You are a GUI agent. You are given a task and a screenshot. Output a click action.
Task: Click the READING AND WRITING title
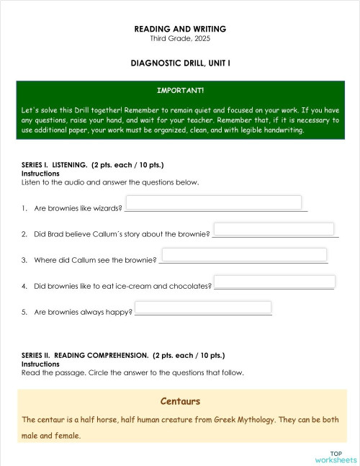pos(180,29)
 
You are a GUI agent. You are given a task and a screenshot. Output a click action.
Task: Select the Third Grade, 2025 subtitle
pos(180,38)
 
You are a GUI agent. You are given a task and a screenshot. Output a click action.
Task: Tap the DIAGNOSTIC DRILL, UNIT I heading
pos(180,63)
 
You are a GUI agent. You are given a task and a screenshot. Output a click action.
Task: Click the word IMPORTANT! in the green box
pos(180,91)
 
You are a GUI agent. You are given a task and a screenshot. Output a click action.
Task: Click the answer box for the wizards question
pos(214,202)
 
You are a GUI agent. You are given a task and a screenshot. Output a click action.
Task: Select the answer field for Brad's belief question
pos(274,228)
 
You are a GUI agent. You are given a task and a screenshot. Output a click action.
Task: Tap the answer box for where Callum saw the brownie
pos(244,254)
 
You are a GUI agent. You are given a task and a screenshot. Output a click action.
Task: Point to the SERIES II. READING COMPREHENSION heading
pos(123,355)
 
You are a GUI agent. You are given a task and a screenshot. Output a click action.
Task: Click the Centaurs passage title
pos(180,401)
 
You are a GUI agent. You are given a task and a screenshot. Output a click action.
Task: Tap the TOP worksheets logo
pos(336,456)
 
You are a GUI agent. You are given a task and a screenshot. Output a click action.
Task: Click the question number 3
pos(24,260)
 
